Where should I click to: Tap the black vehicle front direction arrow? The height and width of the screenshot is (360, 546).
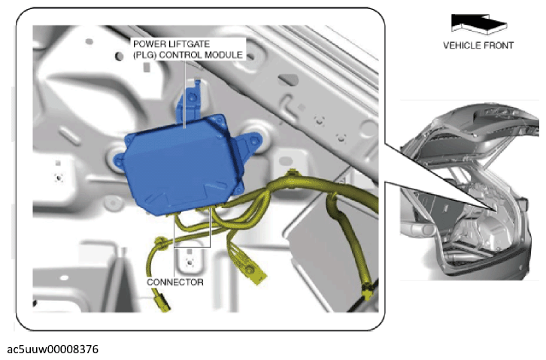point(478,23)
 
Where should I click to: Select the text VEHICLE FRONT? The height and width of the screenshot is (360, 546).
point(478,46)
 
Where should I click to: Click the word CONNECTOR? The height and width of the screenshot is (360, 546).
point(174,282)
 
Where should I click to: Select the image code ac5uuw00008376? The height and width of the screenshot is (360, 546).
point(53,349)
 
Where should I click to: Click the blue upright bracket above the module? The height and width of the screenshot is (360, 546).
point(190,100)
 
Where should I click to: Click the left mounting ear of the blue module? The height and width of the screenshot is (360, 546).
point(120,161)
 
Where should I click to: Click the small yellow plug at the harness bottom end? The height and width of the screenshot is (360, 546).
point(162,302)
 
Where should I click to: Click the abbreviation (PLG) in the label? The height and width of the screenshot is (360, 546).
point(144,55)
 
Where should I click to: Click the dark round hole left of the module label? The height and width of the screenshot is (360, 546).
point(119,56)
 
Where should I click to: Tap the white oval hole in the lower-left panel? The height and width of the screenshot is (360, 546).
point(64,277)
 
